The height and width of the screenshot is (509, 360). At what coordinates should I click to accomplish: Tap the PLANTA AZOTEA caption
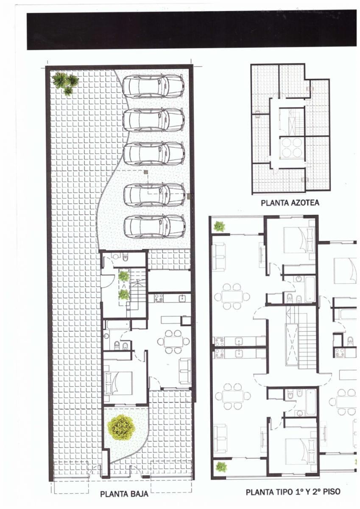tap(290, 203)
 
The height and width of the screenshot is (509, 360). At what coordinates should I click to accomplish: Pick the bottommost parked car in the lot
tap(155, 227)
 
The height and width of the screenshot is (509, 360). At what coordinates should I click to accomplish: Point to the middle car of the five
tap(154, 154)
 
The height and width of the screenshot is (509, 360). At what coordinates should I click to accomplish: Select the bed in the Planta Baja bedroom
tap(118, 383)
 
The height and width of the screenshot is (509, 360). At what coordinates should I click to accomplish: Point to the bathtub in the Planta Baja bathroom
tap(118, 325)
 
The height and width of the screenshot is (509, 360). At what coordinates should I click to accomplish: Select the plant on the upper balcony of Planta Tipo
tap(219, 227)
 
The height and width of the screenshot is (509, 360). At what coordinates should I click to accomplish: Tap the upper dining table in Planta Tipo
tap(233, 296)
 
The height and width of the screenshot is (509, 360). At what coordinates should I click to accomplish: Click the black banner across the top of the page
tap(192, 31)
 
